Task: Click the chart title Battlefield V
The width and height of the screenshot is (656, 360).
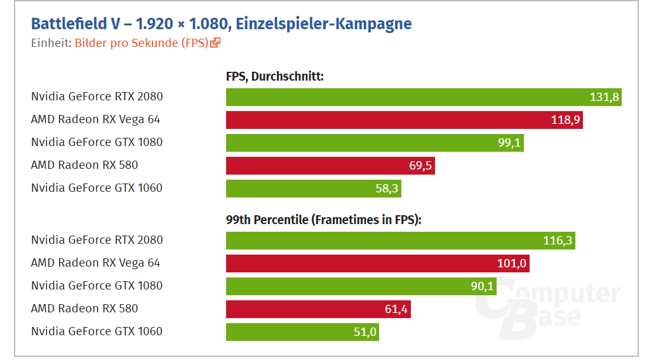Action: pyautogui.click(x=221, y=24)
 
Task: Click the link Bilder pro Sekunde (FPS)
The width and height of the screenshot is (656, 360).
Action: pyautogui.click(x=142, y=43)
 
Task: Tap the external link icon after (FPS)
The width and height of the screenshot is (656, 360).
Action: pyautogui.click(x=216, y=43)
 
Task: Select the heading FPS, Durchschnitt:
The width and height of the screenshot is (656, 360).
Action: pyautogui.click(x=275, y=77)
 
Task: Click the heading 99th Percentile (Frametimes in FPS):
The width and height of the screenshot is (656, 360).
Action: pyautogui.click(x=324, y=220)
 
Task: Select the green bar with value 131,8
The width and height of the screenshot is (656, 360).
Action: pyautogui.click(x=424, y=97)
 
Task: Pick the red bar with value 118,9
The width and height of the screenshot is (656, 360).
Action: pyautogui.click(x=404, y=120)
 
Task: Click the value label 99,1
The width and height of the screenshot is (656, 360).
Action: pyautogui.click(x=509, y=143)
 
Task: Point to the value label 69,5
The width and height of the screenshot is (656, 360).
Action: pyautogui.click(x=420, y=166)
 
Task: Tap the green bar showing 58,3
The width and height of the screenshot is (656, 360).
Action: pyautogui.click(x=313, y=189)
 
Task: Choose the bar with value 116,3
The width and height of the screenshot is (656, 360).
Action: pyautogui.click(x=400, y=241)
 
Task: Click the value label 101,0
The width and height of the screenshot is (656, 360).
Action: pyautogui.click(x=512, y=263)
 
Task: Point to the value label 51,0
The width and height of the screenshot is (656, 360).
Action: pyautogui.click(x=365, y=332)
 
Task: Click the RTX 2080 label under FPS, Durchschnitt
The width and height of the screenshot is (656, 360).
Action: pyautogui.click(x=97, y=97)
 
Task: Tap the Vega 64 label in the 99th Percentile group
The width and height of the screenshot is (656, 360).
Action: pyautogui.click(x=95, y=263)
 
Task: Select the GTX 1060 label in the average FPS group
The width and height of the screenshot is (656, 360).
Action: pyautogui.click(x=97, y=189)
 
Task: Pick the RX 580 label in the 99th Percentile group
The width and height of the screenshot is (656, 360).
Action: pyautogui.click(x=84, y=309)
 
